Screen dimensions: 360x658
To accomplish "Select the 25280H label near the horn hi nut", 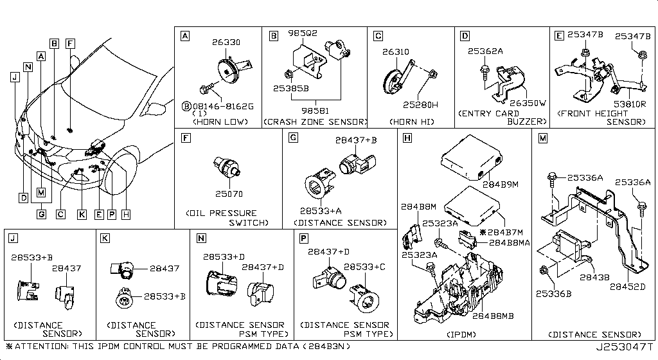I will click(x=421, y=105).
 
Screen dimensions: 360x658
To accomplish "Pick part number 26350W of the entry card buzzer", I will click(x=528, y=103).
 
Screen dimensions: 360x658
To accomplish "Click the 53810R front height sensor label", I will click(x=629, y=103).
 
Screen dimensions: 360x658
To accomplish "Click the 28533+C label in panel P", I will click(x=364, y=266).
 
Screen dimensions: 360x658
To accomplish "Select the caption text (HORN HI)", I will click(x=411, y=122).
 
